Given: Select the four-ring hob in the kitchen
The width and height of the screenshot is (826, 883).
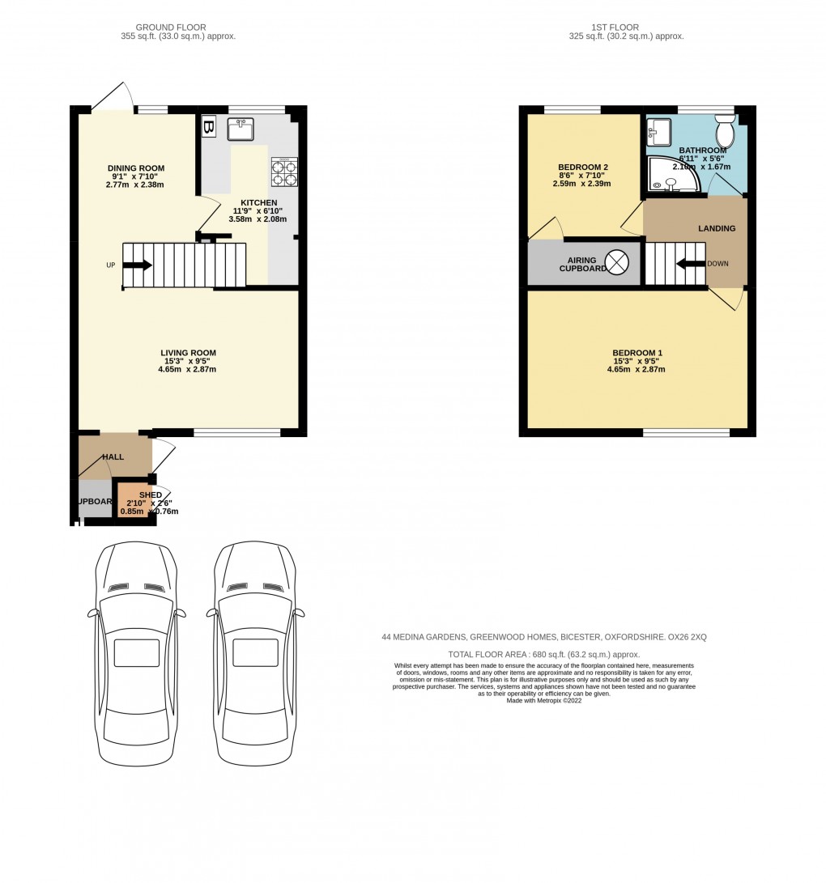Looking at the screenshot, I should (284, 172).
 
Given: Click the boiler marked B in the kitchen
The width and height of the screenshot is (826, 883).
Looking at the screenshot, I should (208, 128).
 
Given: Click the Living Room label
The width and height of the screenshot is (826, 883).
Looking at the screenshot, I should (188, 353).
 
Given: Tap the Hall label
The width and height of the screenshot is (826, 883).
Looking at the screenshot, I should (113, 457).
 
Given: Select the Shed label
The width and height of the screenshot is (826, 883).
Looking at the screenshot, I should (151, 495).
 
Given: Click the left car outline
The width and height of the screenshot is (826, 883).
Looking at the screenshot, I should (136, 652).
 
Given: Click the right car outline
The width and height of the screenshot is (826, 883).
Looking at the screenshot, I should (255, 652).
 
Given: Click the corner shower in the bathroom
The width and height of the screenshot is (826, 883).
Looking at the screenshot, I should (671, 176).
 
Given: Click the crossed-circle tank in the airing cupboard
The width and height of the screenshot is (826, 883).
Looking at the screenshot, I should (617, 261).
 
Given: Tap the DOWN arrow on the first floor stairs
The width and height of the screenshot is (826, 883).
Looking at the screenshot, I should (690, 263).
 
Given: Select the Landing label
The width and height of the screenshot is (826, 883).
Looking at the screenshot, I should (717, 228).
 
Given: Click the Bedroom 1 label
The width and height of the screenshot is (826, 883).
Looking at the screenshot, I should (637, 353).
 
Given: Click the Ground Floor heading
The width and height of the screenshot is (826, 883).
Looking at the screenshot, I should (170, 28).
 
